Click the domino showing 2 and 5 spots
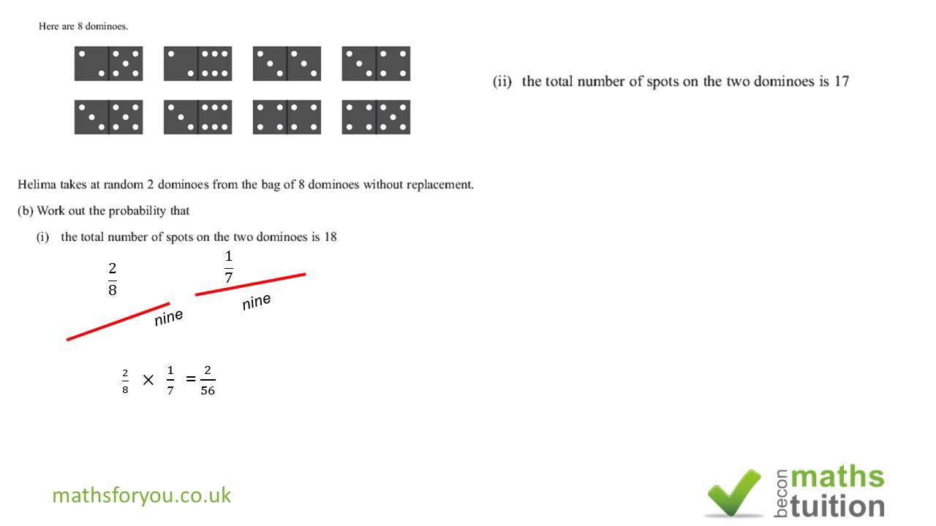(x=109, y=64)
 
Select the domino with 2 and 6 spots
(x=197, y=64)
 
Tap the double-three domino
(x=287, y=64)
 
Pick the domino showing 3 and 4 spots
(x=376, y=64)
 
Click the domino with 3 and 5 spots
(x=109, y=117)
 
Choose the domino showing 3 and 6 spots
(x=197, y=117)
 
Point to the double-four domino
(x=287, y=117)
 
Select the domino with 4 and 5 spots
(x=376, y=117)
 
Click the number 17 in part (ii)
(x=841, y=81)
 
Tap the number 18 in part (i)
(x=330, y=237)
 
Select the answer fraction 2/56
(x=208, y=381)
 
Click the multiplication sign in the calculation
(x=148, y=380)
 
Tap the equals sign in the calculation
(x=191, y=378)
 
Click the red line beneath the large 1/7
(x=250, y=284)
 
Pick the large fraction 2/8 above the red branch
(x=113, y=279)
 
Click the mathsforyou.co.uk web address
(x=142, y=495)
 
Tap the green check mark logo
(x=734, y=493)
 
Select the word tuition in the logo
(x=837, y=506)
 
